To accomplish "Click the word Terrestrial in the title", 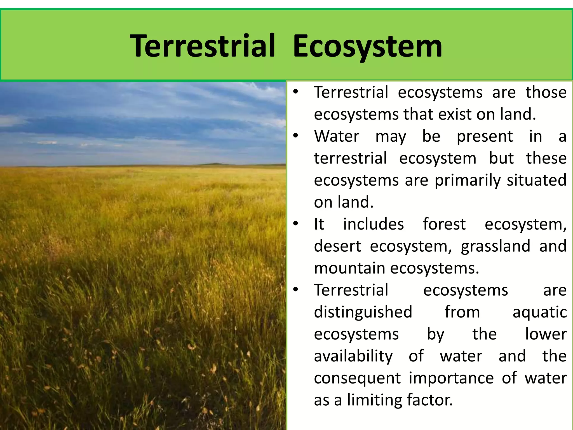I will pos(203,46).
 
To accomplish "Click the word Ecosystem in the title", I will pos(367,46).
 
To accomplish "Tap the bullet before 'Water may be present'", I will pos(296,136).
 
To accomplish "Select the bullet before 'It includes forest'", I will pos(296,224).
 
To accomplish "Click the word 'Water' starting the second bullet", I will pos(336,137).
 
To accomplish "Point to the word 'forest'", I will pos(444,224).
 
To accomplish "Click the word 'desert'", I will pos(337,246).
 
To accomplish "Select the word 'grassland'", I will pos(495,246).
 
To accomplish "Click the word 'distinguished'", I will pos(363,312).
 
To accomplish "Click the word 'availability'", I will pos(353,356).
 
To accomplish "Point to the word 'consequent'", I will pos(357,378).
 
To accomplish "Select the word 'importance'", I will pos(451,378).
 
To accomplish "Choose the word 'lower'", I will pos(546,334).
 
